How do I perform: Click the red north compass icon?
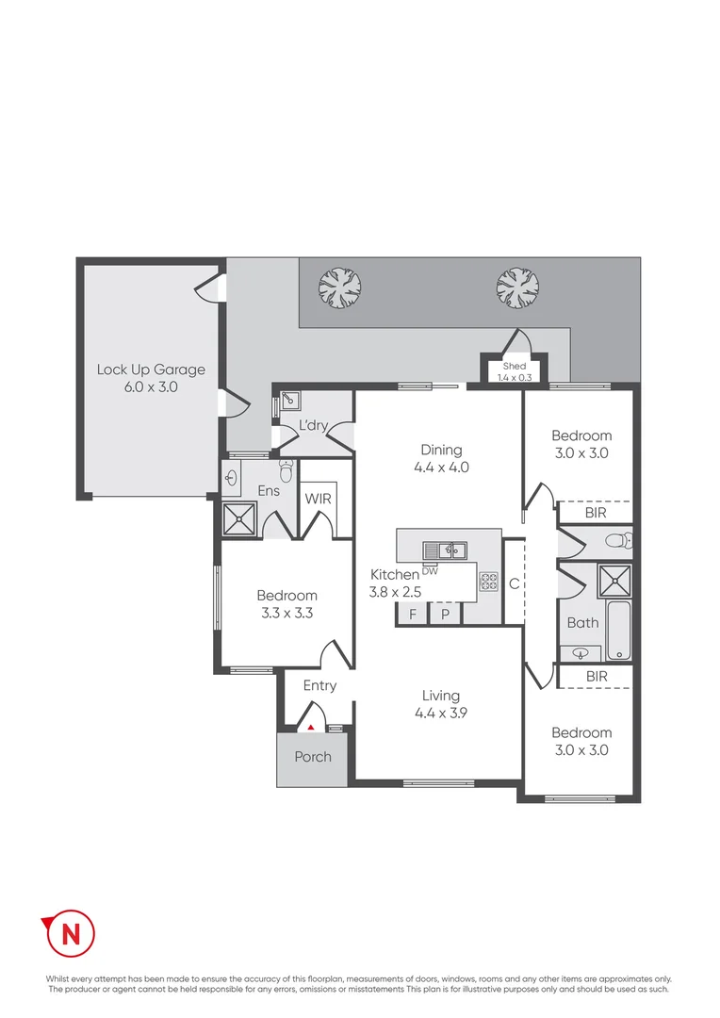(69, 933)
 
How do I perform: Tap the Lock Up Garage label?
(151, 369)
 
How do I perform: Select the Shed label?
(514, 366)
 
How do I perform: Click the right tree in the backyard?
(517, 287)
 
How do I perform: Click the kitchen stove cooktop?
(488, 582)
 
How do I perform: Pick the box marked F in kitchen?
(412, 615)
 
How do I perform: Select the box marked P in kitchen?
(446, 615)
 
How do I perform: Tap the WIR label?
(318, 499)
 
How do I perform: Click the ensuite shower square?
(239, 518)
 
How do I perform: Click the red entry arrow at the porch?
(311, 726)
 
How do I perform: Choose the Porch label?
(313, 757)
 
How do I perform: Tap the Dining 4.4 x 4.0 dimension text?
(441, 467)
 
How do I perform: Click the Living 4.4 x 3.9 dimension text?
(441, 714)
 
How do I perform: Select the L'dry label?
(313, 426)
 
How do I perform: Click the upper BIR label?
(596, 513)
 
